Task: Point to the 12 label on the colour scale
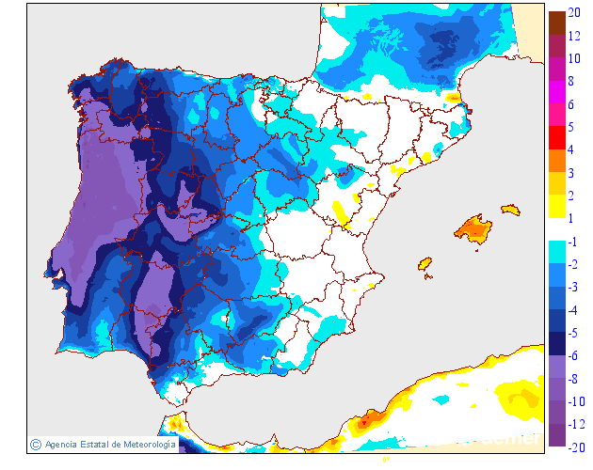575,37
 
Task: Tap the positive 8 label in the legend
571,82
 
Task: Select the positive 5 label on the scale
571,126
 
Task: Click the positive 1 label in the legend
571,217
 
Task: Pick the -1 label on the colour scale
572,241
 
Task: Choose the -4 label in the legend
572,308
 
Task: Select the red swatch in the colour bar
556,138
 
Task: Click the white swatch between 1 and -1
556,228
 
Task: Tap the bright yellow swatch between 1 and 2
556,206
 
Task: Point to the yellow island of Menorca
510,209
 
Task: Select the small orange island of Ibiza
425,266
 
